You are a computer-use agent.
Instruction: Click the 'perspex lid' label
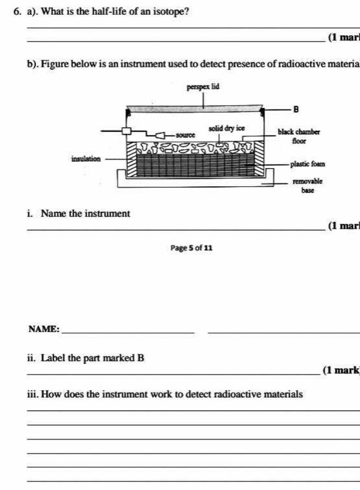tap(203, 87)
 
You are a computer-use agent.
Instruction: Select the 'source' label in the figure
tap(186, 133)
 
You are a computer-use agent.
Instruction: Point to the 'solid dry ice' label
tap(227, 128)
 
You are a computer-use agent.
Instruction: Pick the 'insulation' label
tap(86, 159)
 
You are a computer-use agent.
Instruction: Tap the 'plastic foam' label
tap(308, 163)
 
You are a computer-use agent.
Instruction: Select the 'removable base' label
tap(308, 186)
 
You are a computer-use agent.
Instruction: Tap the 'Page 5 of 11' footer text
tap(191, 248)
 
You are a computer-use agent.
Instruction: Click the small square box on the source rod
tap(127, 131)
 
